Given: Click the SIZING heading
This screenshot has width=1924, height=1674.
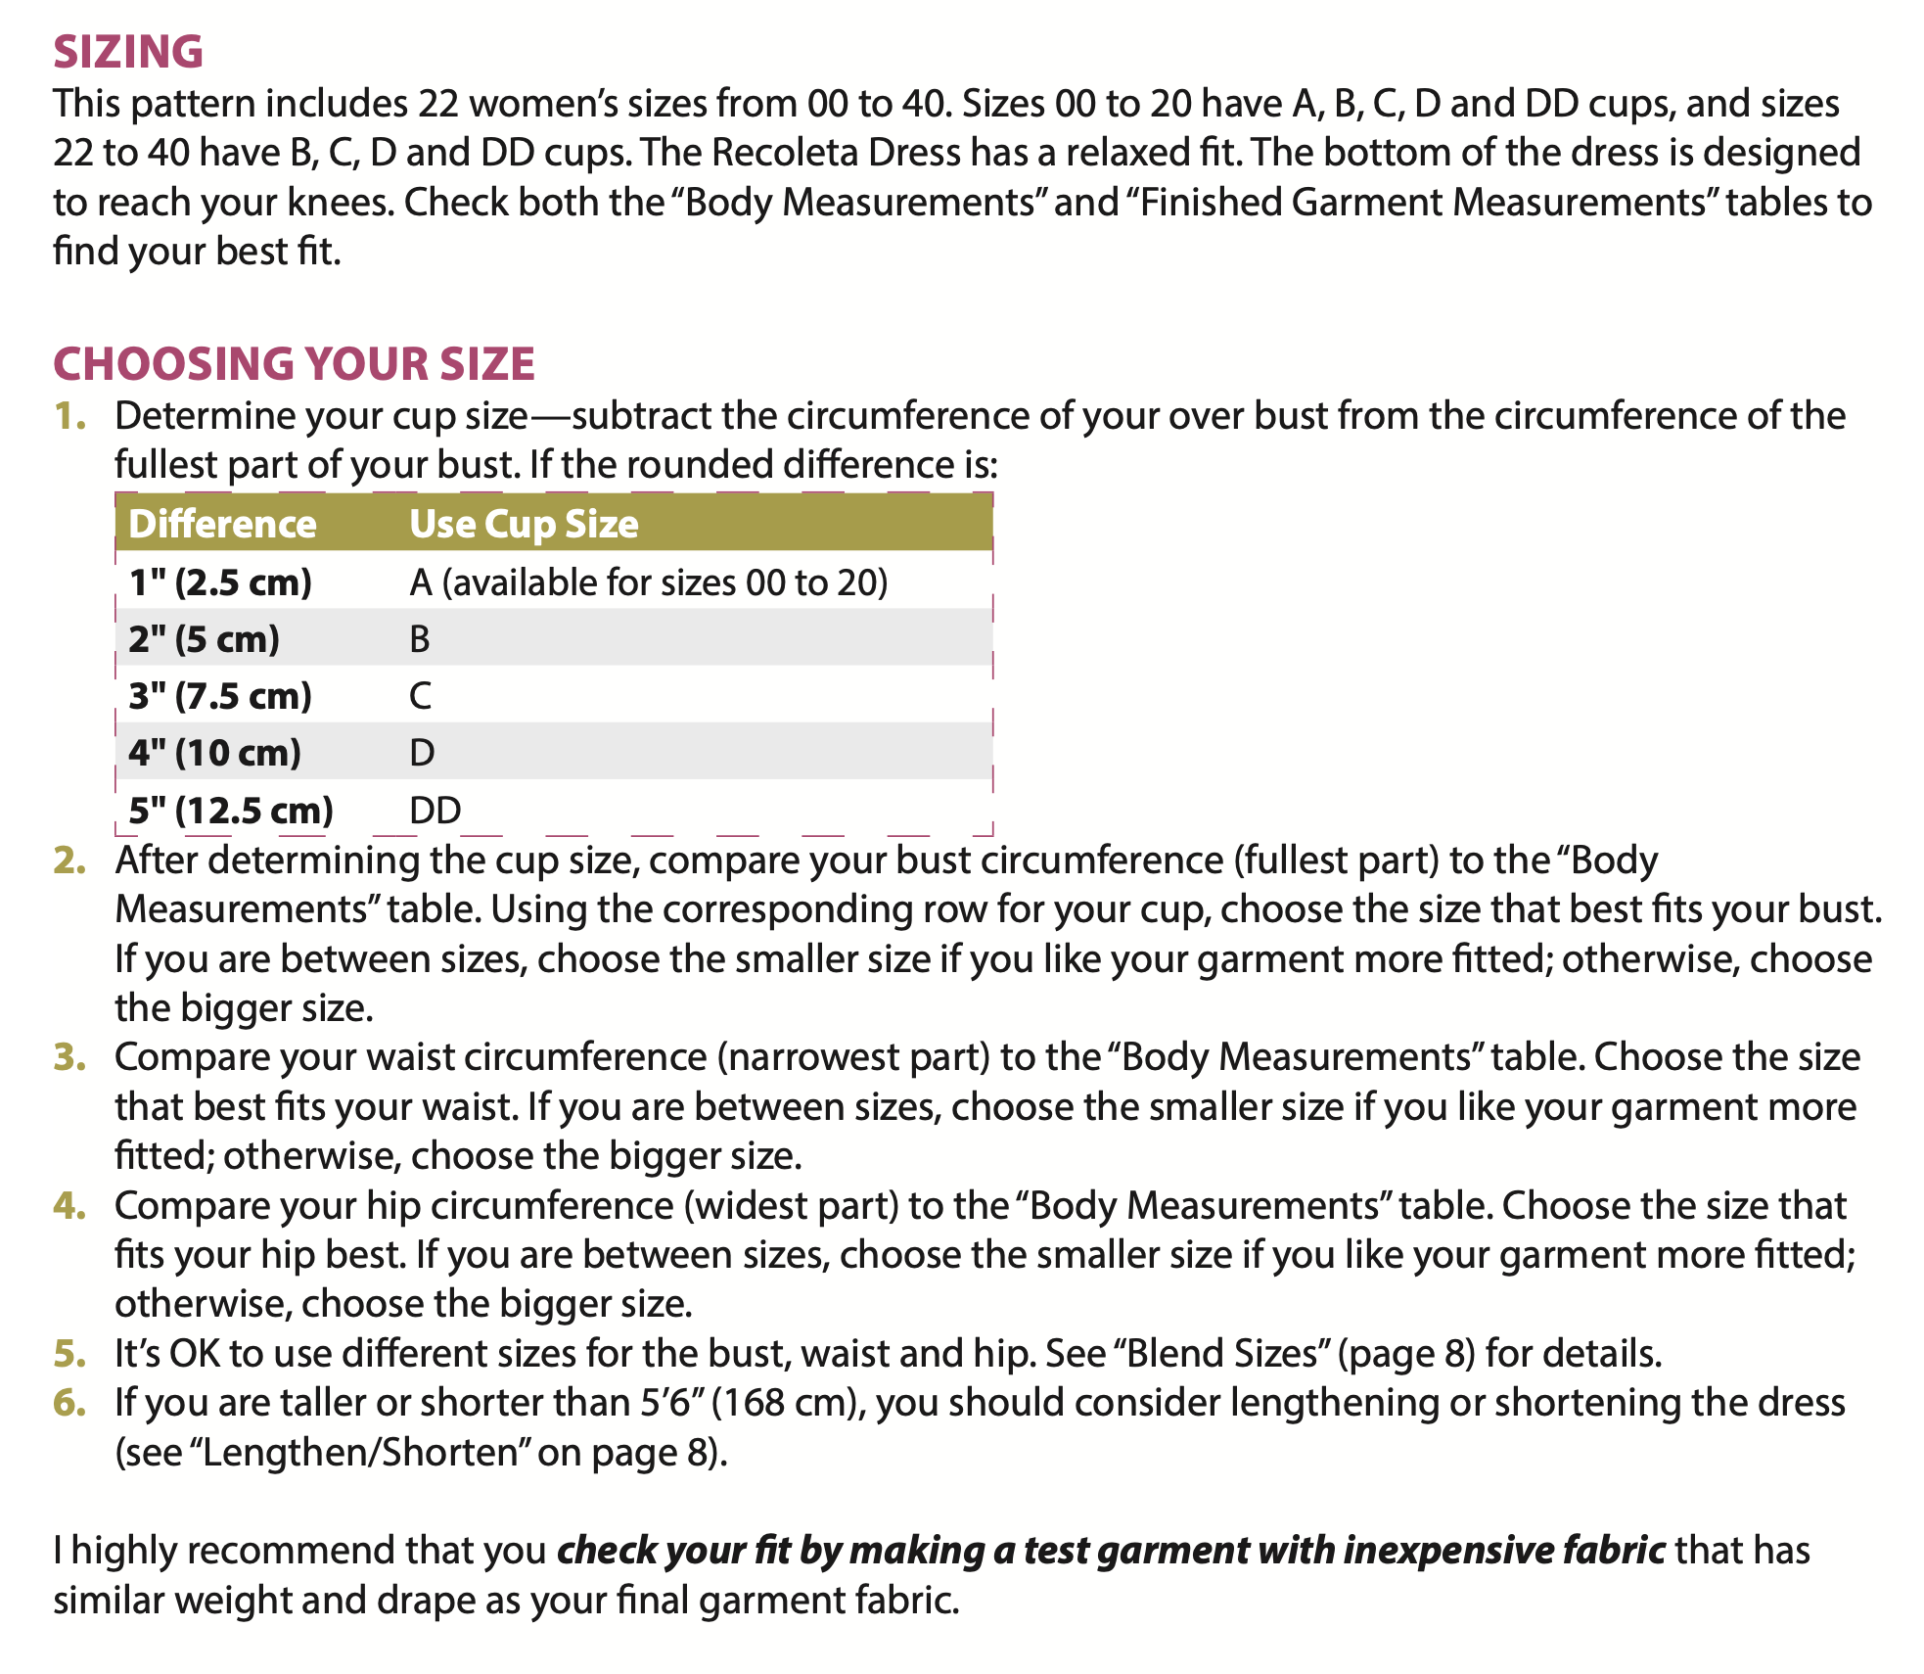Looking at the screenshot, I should coord(128,52).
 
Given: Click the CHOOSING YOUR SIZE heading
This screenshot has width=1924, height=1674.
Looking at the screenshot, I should coord(294,364).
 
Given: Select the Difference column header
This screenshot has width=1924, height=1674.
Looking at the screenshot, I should coord(222,524).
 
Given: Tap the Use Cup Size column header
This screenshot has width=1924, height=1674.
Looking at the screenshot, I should coord(524,524).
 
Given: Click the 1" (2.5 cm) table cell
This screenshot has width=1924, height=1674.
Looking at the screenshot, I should coord(220,582).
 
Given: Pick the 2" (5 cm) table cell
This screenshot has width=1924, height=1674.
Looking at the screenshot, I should coord(204,639).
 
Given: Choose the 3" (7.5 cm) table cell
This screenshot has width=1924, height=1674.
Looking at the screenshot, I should coord(220,696).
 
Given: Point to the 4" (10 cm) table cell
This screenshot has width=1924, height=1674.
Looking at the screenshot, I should coord(214,753).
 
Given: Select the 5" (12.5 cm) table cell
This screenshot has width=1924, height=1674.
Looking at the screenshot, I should coord(231,811).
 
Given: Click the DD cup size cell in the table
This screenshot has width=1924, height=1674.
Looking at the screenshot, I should coord(435,811).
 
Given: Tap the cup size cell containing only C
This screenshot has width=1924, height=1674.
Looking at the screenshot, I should coord(420,696).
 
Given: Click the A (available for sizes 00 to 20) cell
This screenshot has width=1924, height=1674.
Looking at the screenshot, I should coord(648,582).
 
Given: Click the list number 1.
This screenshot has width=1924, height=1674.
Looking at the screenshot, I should coord(69,416).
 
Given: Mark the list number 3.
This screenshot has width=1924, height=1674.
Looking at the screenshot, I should coord(69,1057).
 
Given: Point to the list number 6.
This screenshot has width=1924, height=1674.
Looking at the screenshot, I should coord(69,1403).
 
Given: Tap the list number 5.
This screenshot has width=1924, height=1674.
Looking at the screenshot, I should coord(69,1354).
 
